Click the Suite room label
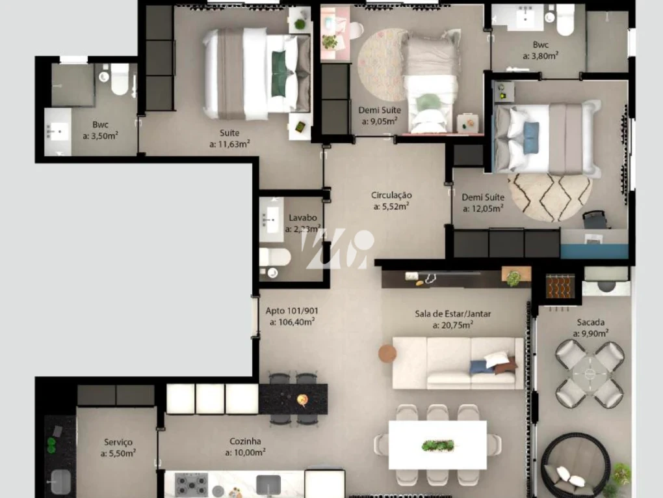click(x=229, y=133)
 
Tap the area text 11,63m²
click(x=229, y=145)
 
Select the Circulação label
click(x=391, y=195)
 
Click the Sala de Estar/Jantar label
click(x=453, y=314)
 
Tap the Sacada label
click(x=590, y=322)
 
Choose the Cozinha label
click(x=245, y=441)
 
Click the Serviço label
click(x=118, y=442)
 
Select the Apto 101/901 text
click(x=292, y=310)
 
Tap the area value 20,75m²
click(x=453, y=325)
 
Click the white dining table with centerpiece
click(x=437, y=445)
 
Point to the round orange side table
click(x=387, y=353)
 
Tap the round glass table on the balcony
click(x=590, y=374)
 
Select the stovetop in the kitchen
click(x=191, y=485)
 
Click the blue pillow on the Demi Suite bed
click(x=531, y=138)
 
